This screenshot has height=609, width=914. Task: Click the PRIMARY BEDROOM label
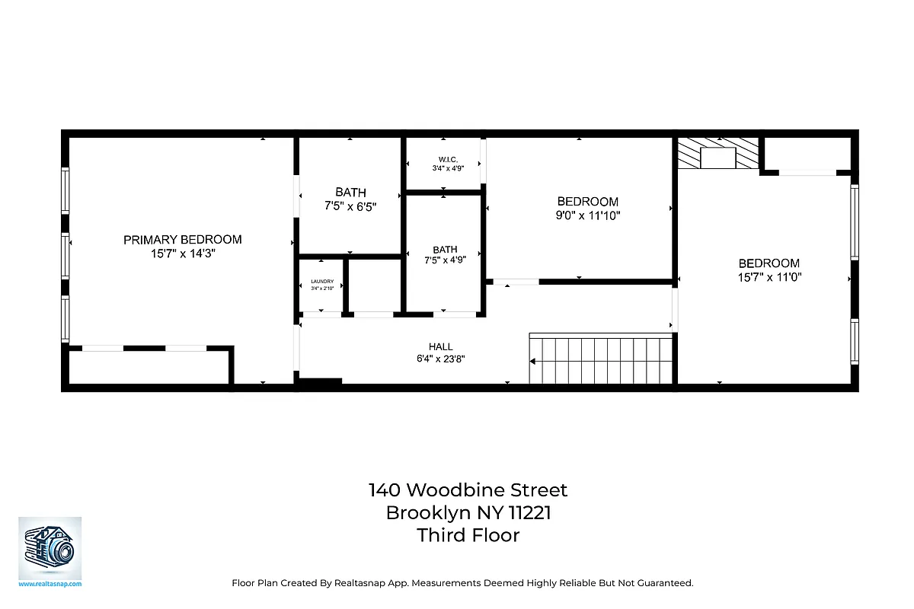pyautogui.click(x=182, y=240)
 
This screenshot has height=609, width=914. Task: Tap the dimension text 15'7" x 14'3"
pyautogui.click(x=182, y=254)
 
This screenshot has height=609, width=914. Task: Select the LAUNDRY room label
pyautogui.click(x=322, y=281)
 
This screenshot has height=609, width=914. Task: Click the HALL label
pyautogui.click(x=440, y=346)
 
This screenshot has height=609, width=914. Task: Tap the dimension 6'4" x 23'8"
pyautogui.click(x=440, y=358)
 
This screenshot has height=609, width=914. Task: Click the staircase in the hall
pyautogui.click(x=602, y=360)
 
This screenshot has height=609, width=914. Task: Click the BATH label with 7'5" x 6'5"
pyautogui.click(x=350, y=193)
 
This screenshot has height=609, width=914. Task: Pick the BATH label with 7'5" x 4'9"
pyautogui.click(x=445, y=250)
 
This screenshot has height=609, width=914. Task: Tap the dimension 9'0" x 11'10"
pyautogui.click(x=587, y=215)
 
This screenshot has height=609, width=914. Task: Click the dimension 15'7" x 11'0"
pyautogui.click(x=769, y=277)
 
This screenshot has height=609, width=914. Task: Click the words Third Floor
pyautogui.click(x=468, y=535)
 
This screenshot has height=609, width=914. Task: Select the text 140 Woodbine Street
pyautogui.click(x=468, y=489)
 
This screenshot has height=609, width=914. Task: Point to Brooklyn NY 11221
pyautogui.click(x=468, y=512)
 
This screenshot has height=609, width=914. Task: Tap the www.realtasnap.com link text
pyautogui.click(x=50, y=584)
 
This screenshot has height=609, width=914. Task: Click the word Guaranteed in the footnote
pyautogui.click(x=668, y=583)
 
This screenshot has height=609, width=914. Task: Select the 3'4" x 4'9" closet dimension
pyautogui.click(x=447, y=168)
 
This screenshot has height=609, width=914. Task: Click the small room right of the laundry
pyautogui.click(x=373, y=285)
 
